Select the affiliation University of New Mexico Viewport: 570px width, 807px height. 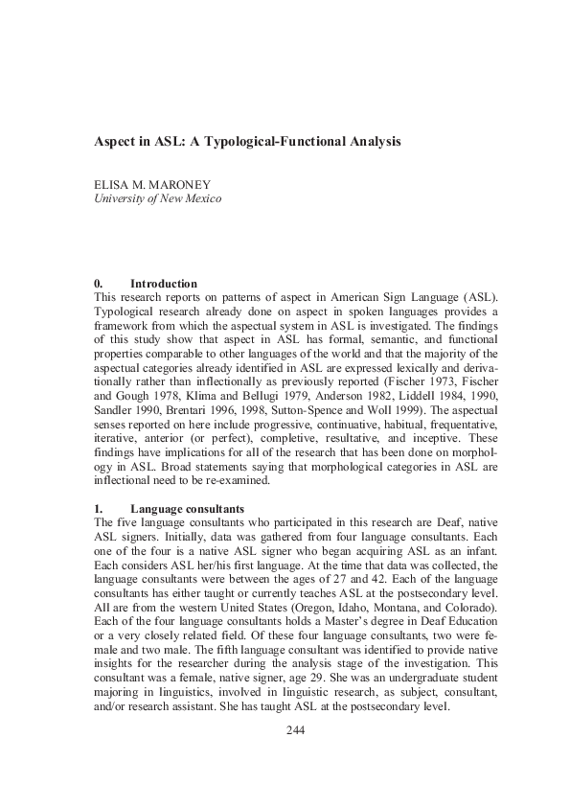point(157,199)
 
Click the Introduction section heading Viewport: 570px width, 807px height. point(164,284)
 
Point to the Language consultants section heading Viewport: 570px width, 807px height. point(188,507)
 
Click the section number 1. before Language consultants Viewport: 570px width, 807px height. point(98,507)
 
